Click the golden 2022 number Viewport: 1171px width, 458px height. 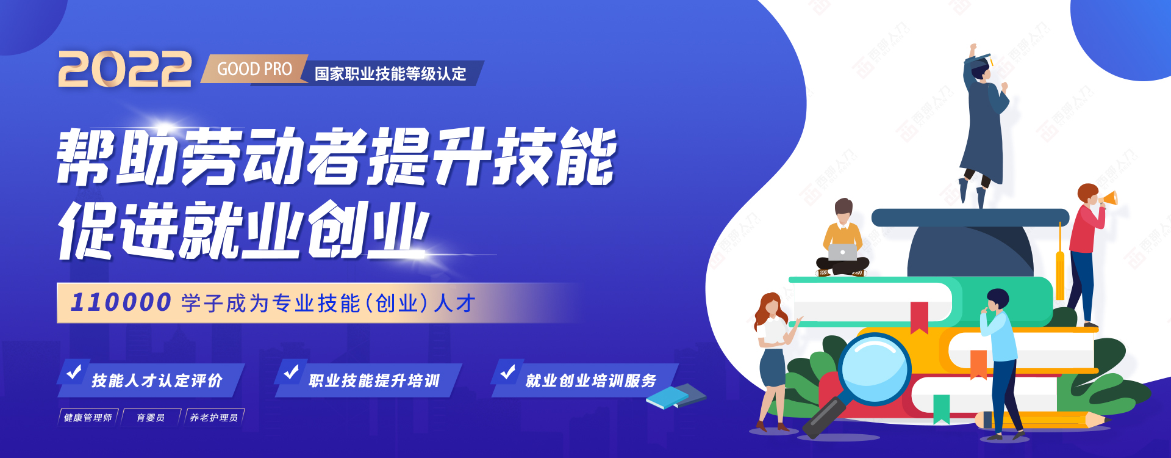click(125, 69)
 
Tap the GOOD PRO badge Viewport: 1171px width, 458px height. click(254, 69)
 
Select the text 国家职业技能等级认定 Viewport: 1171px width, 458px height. click(390, 74)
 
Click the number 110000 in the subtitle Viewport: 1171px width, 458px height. click(121, 302)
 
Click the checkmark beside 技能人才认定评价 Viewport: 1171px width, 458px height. click(74, 371)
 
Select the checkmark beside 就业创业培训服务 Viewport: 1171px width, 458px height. click(508, 371)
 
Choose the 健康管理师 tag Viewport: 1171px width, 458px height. click(88, 418)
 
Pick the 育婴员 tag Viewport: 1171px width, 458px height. click(151, 418)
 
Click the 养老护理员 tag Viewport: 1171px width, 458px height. click(214, 418)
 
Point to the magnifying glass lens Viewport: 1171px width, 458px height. click(874, 369)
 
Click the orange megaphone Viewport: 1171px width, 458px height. click(1109, 198)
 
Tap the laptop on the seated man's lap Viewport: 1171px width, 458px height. click(842, 252)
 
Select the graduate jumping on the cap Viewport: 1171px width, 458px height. click(982, 125)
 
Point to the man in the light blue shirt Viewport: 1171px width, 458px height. click(1000, 364)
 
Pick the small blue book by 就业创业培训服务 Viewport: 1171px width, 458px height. click(676, 396)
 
